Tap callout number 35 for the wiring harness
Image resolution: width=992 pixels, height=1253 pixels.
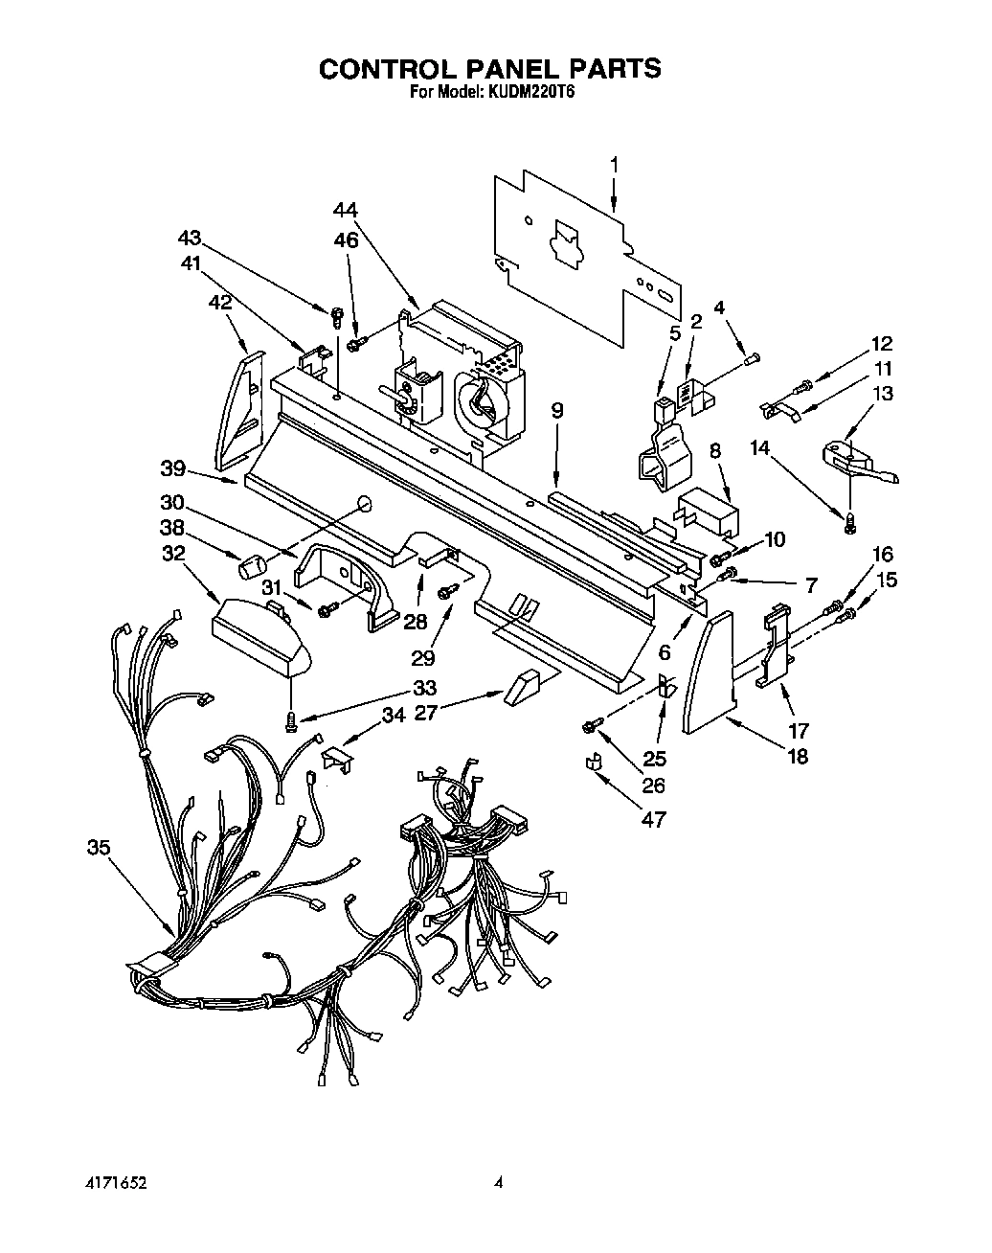click(98, 848)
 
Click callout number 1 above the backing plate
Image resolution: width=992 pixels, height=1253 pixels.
click(614, 165)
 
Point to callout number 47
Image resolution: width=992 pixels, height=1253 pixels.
click(655, 820)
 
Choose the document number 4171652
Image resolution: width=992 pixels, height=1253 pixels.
click(113, 1183)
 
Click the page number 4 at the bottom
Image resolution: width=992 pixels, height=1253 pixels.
click(498, 1183)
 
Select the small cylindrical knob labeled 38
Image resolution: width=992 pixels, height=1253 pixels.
click(252, 567)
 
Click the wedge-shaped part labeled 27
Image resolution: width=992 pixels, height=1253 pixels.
click(523, 686)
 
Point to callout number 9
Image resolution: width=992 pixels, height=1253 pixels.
click(557, 411)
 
